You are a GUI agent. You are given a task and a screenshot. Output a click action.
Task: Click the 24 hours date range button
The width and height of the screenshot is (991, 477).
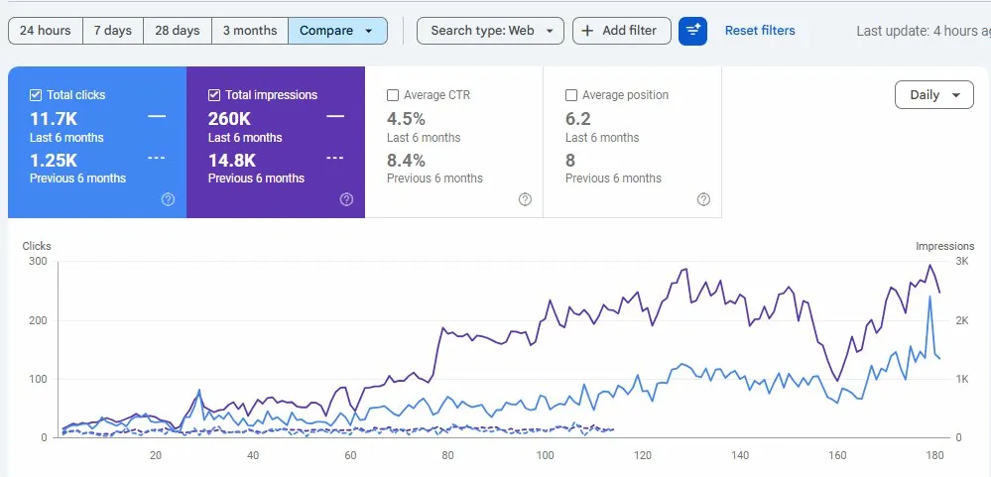45,31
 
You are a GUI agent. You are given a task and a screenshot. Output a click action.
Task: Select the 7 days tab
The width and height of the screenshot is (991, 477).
113,31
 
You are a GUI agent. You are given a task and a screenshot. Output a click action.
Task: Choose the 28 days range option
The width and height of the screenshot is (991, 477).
178,31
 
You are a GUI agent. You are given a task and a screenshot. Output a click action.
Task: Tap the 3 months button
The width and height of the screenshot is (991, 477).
249,31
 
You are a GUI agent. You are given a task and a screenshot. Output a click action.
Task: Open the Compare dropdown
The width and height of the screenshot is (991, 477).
337,31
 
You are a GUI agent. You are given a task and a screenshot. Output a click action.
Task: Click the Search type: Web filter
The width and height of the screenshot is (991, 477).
490,31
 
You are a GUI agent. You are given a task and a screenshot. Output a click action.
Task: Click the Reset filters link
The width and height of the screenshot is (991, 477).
760,31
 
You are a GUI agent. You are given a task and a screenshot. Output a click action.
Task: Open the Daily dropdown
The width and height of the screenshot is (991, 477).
933,95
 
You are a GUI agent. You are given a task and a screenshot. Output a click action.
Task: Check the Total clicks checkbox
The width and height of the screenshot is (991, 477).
36,95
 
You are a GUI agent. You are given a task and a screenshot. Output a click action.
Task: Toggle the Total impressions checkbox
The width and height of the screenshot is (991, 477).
214,95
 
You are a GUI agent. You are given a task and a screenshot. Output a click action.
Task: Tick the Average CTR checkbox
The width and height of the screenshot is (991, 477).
393,95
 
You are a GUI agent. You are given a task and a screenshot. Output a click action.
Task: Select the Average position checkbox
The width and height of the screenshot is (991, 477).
571,95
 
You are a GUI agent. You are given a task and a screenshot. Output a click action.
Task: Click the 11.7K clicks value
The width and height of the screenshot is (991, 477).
54,118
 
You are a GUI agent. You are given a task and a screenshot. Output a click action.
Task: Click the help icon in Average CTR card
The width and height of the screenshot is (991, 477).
525,199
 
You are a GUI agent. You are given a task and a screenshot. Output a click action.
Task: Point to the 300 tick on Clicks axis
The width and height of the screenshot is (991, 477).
39,262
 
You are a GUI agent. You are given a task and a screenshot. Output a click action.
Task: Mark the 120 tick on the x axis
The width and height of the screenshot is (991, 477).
643,455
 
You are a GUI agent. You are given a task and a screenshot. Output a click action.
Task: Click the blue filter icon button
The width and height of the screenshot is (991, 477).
692,31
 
